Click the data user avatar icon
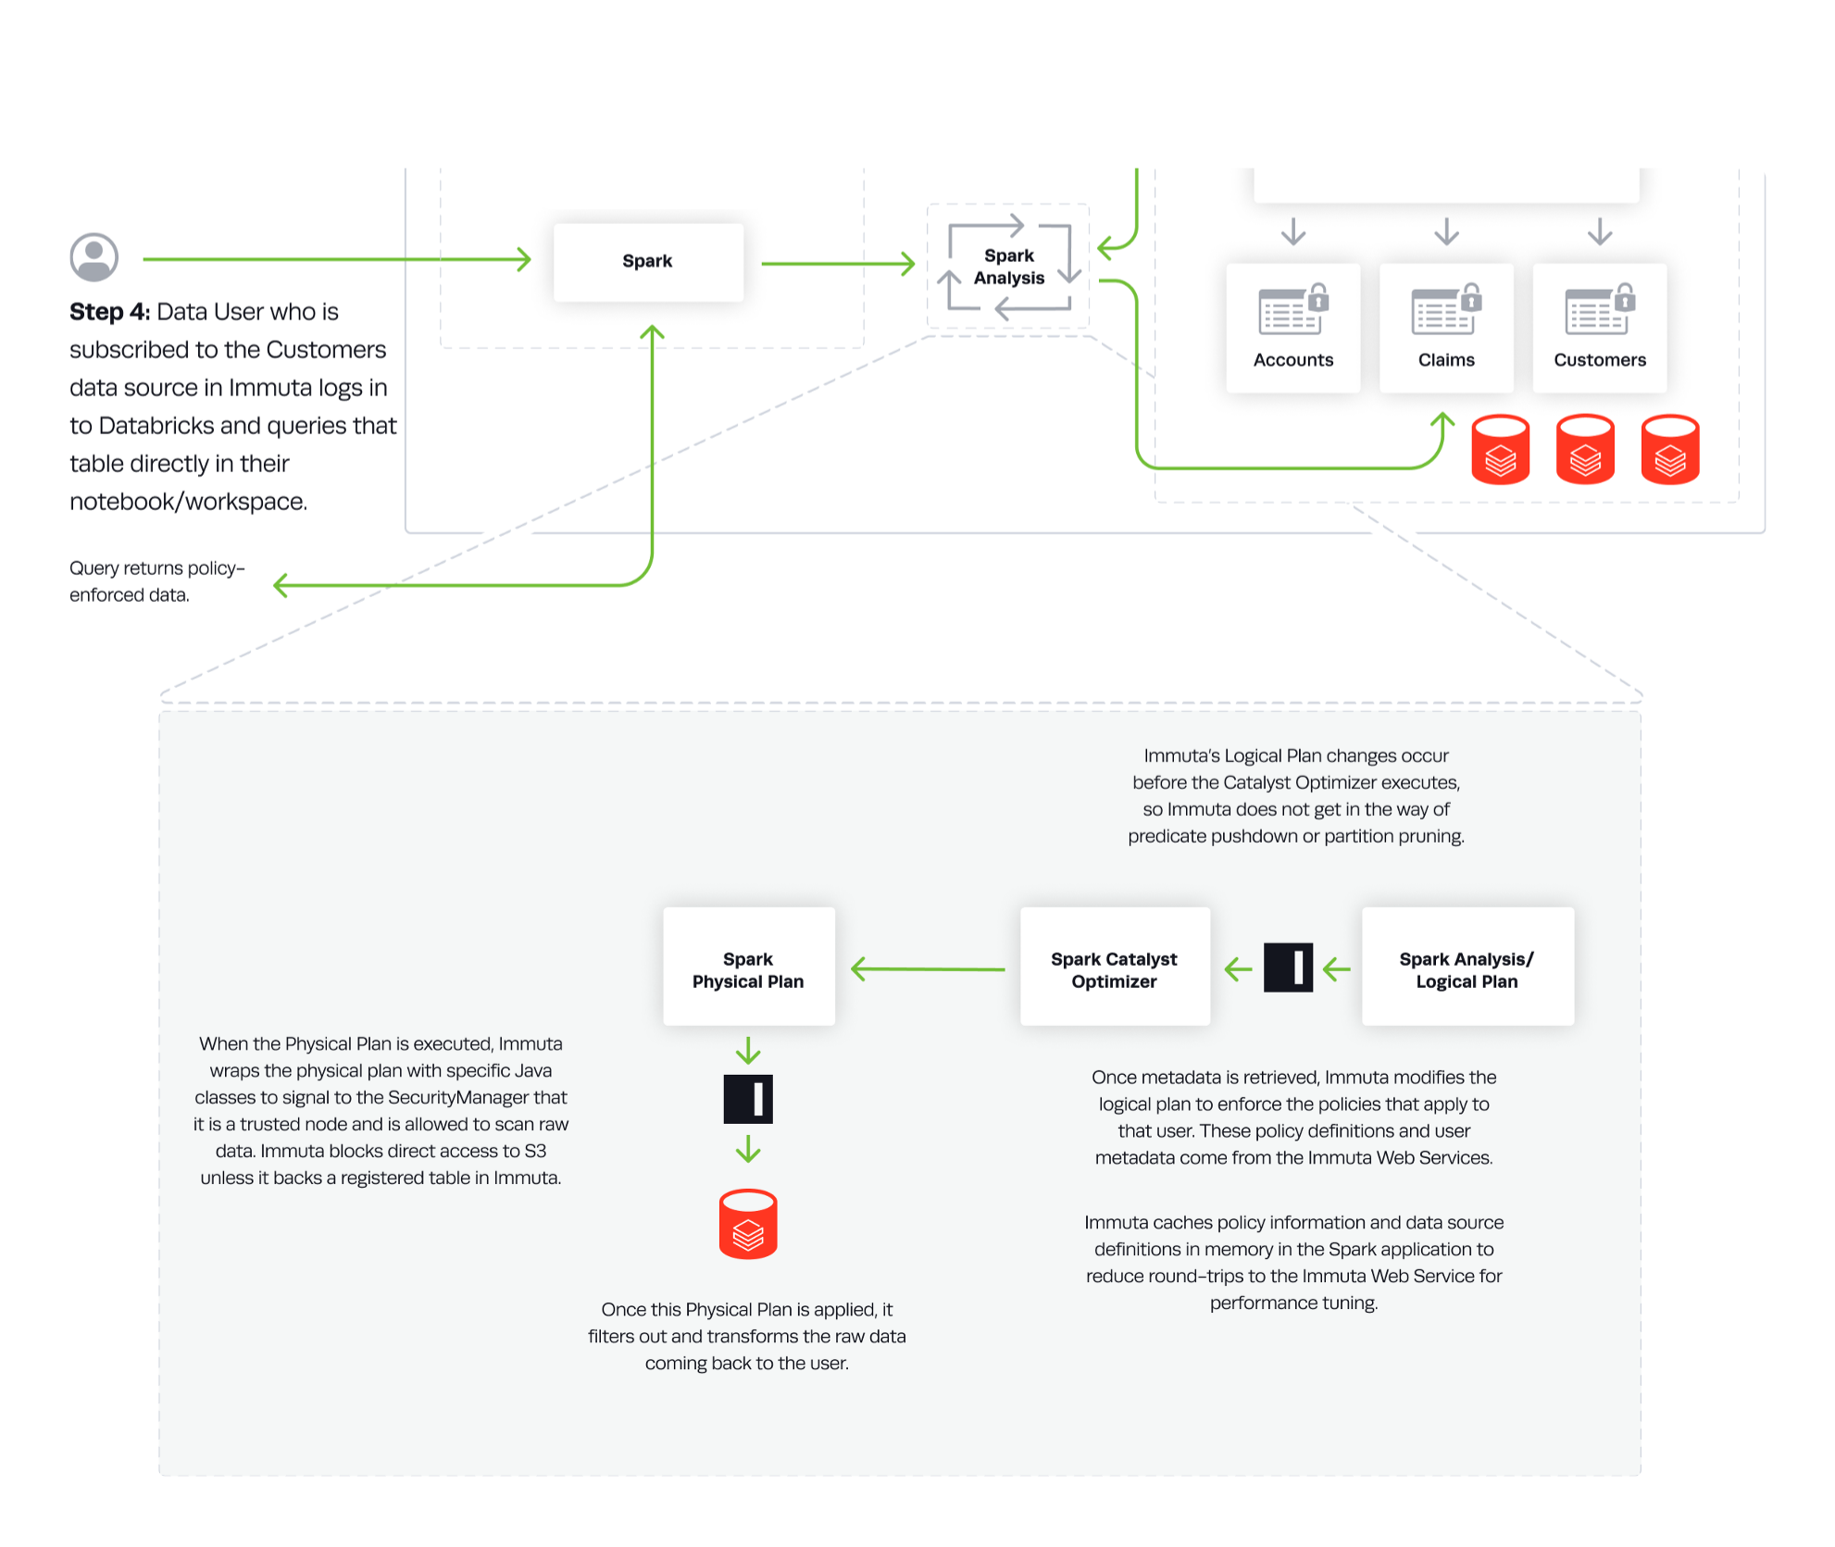[94, 256]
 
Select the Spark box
[648, 262]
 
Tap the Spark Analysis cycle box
[1008, 267]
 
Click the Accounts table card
[1292, 328]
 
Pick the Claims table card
[1446, 328]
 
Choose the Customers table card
[1599, 328]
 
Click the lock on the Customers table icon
[1624, 299]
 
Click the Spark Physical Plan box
[748, 967]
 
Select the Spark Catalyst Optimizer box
[1114, 967]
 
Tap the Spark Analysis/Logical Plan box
[1467, 967]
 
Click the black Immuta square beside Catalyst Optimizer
[1288, 967]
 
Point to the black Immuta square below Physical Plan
[748, 1099]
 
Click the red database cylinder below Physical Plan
[748, 1224]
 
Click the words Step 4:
[109, 312]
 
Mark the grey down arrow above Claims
[1446, 231]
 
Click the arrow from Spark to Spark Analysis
[838, 264]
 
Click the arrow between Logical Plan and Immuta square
[1336, 969]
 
